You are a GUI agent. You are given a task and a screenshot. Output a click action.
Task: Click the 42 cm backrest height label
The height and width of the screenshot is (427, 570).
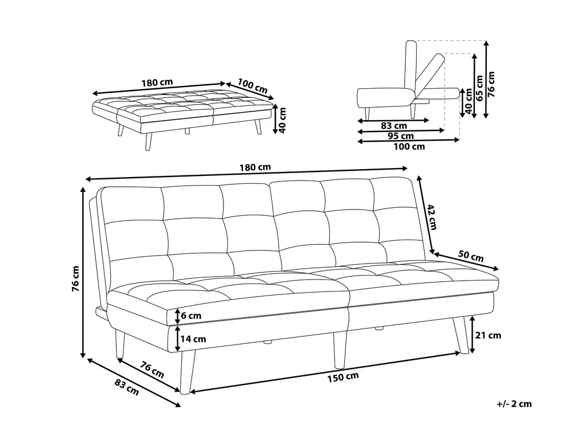click(431, 217)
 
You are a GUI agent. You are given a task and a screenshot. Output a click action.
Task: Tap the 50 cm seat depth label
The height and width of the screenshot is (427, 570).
click(471, 256)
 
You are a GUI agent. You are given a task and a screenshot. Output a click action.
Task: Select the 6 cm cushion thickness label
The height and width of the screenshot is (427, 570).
click(191, 315)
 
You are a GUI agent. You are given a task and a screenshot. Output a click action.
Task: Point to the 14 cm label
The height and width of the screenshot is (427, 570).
click(193, 339)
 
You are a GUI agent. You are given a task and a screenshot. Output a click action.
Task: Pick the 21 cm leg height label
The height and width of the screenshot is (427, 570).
click(488, 335)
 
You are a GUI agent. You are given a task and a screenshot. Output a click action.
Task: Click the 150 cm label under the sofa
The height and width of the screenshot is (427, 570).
click(343, 377)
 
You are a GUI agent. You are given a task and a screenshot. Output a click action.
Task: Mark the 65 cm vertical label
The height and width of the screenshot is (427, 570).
click(479, 88)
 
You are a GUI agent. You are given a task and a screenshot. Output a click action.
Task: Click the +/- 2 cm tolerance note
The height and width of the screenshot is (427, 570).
click(514, 404)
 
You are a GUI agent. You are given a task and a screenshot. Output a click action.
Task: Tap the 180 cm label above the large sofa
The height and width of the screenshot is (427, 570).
click(255, 167)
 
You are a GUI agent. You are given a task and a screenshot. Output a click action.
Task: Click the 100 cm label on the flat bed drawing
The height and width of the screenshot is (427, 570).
click(253, 87)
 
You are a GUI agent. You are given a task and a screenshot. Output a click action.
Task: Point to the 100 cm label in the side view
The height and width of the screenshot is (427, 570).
click(409, 147)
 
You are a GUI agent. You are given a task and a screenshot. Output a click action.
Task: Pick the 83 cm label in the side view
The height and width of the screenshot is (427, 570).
click(394, 126)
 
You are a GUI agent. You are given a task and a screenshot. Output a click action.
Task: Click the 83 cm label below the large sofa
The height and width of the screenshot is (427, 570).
click(127, 387)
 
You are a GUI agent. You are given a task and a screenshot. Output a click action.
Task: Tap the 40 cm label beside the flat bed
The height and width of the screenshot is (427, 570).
click(283, 120)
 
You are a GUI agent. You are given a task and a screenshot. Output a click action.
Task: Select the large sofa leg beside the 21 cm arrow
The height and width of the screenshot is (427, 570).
click(459, 334)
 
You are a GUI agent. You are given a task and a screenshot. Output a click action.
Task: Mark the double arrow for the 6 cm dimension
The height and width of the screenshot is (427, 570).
click(177, 316)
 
